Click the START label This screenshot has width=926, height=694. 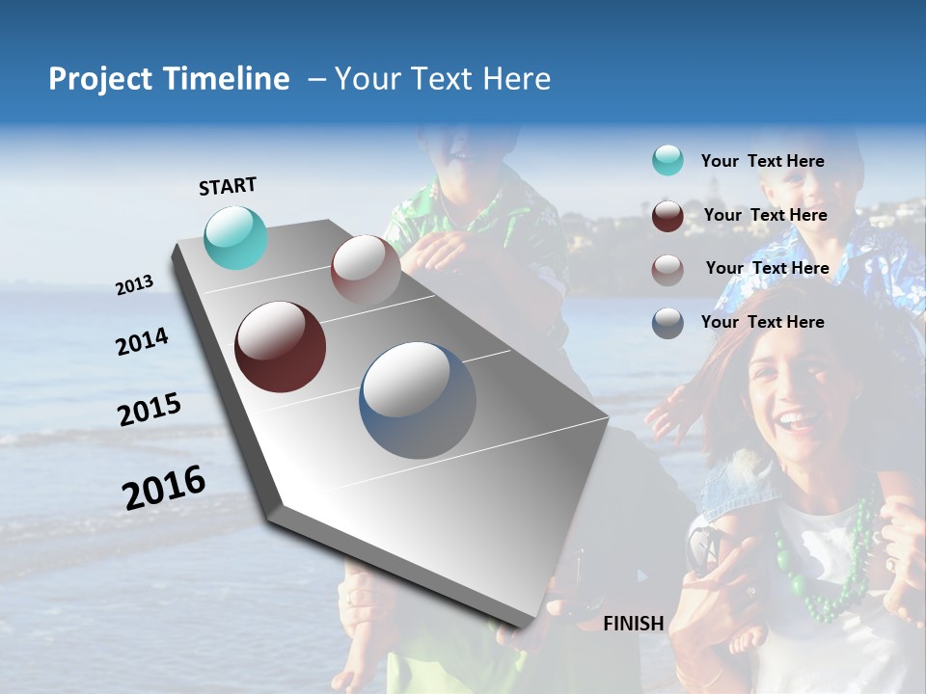[228, 186]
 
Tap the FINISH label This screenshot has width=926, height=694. [633, 624]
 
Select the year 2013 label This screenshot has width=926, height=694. [134, 285]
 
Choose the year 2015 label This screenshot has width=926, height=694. [150, 410]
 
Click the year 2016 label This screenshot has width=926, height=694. [164, 487]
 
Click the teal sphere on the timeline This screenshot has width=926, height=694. [236, 237]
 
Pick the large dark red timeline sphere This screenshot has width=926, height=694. [280, 347]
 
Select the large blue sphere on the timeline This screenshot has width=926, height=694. [418, 400]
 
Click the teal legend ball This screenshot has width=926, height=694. [667, 161]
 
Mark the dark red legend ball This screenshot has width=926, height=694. [667, 216]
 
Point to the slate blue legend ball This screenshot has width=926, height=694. [667, 323]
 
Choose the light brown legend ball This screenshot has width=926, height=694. [667, 269]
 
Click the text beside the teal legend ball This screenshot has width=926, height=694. [762, 161]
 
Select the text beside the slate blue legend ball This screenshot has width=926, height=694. [762, 322]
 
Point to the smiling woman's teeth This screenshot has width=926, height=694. [794, 420]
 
